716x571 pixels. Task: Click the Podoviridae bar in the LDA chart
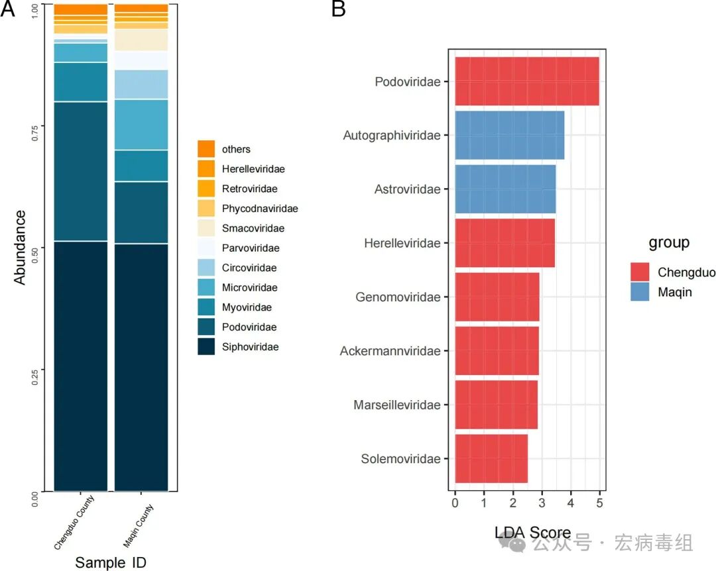coord(526,81)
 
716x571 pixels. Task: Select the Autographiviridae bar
coord(509,136)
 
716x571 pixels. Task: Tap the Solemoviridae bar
coord(491,458)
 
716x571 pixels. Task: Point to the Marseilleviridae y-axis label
coord(396,405)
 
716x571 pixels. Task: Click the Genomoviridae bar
coord(497,297)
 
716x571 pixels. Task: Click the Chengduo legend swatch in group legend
coord(640,272)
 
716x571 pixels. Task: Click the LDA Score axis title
coord(532,532)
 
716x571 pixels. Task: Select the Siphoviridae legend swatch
coord(206,346)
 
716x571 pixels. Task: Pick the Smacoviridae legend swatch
coord(206,228)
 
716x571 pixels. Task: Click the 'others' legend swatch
coord(206,149)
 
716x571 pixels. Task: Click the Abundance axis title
coord(20,248)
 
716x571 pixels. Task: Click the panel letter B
coord(338,10)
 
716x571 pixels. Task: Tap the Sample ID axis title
coord(111,562)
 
